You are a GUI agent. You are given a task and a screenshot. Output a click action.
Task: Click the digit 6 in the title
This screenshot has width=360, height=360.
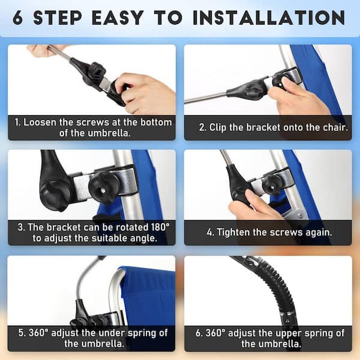[17, 17]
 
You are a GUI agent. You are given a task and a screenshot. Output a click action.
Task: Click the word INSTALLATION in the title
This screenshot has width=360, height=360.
[269, 17]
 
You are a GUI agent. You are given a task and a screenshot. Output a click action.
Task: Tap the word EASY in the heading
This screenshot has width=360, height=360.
[118, 17]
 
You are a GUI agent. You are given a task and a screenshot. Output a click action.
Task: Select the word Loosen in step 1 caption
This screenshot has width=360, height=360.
[40, 122]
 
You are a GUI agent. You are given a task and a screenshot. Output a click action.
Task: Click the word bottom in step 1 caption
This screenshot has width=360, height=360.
[156, 122]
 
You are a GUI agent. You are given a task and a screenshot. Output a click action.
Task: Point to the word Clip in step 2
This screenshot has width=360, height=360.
[218, 128]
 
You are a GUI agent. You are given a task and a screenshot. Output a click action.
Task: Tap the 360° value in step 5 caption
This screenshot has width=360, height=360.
[38, 333]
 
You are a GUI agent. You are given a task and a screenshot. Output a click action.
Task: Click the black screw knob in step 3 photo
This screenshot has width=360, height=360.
[103, 188]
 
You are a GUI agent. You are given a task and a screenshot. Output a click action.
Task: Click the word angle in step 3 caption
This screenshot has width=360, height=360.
[143, 239]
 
